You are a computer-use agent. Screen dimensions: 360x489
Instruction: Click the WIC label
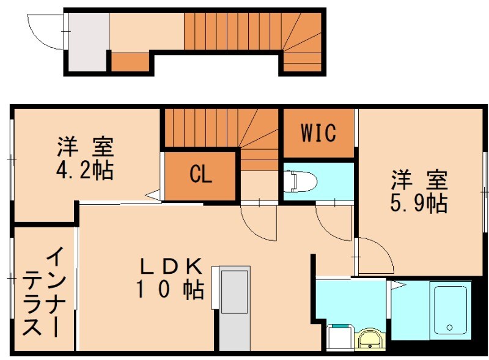pos(318,133)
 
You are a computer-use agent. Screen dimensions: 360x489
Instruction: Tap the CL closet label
pos(200,175)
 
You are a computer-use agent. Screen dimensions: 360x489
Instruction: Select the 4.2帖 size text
pos(86,171)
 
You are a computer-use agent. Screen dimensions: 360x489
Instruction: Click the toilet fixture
pos(299,180)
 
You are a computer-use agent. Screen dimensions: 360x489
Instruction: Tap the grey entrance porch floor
pos(88,41)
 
